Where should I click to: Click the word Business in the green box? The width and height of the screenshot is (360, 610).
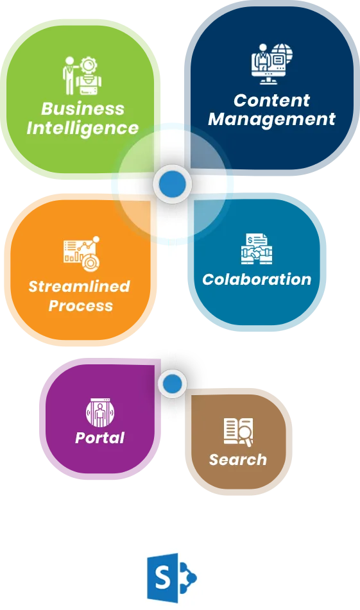(83, 108)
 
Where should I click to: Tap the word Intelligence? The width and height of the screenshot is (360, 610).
(83, 128)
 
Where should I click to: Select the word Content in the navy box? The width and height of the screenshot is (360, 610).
(271, 100)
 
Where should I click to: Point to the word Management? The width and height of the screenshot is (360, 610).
(271, 119)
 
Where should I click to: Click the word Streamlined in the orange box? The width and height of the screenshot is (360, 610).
(80, 286)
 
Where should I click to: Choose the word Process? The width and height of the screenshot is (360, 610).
(81, 305)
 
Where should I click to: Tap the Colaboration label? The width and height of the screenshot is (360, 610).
(257, 279)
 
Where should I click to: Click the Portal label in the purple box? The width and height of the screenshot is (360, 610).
(100, 437)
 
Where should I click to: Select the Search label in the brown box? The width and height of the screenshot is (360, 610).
(238, 459)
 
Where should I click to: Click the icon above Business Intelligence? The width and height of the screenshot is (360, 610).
(82, 76)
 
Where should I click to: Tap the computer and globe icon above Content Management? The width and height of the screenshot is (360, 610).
(271, 64)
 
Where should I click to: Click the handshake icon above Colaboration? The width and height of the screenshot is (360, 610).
(257, 249)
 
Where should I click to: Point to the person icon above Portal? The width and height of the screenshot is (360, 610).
(100, 413)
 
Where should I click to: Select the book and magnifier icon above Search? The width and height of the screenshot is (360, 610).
(239, 432)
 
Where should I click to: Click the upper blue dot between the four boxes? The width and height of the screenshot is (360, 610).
(173, 183)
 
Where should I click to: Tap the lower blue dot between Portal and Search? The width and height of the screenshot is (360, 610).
(173, 384)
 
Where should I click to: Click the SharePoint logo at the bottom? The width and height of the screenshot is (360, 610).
(171, 578)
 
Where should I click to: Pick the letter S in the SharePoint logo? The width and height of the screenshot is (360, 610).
(162, 578)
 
